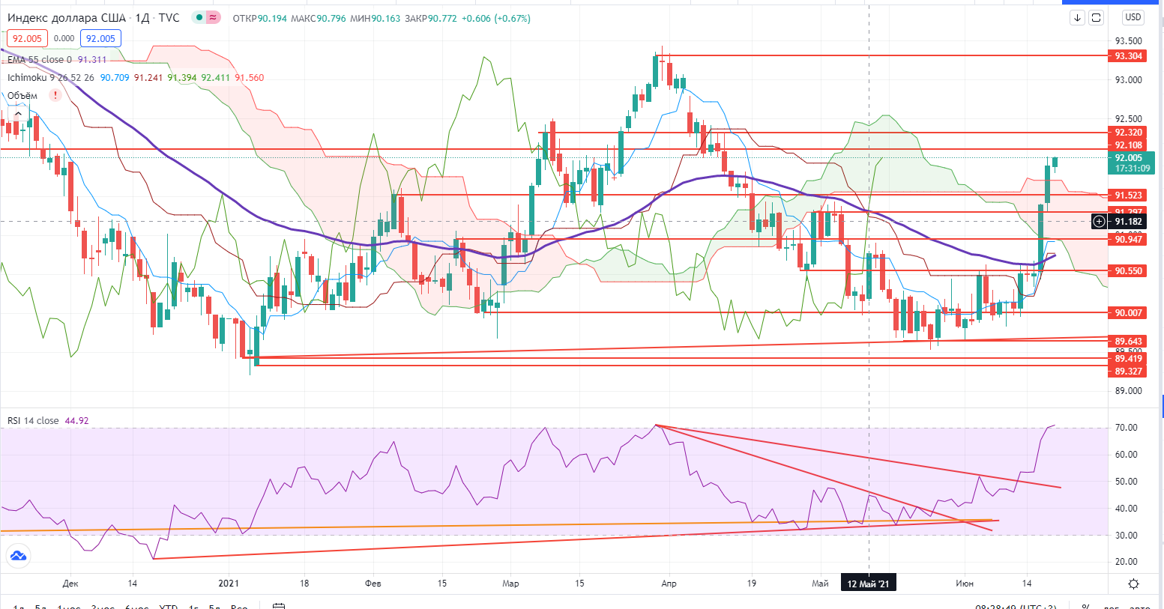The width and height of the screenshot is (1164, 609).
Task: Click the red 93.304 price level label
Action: coord(1128,56)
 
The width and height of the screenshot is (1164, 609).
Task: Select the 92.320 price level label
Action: coord(1128,133)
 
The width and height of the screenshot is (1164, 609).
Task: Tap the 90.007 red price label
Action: coord(1128,313)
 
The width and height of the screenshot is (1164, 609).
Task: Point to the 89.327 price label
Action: coord(1128,372)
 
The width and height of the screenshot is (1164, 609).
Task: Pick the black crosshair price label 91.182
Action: coord(1128,222)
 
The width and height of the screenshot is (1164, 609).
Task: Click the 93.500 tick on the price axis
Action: coord(1128,41)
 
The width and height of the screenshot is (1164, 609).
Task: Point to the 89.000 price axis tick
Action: coord(1128,391)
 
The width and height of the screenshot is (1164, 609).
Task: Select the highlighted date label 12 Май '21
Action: coord(868,584)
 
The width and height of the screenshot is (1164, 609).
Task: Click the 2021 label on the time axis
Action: coord(229,584)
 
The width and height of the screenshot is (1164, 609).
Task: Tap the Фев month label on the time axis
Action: coord(373,584)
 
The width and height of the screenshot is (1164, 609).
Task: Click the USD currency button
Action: coord(1133,17)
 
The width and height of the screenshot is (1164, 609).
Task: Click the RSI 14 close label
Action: coord(33,421)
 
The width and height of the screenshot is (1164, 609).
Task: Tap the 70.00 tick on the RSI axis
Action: coord(1127,428)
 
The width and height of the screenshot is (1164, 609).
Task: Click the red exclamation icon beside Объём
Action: coord(55,96)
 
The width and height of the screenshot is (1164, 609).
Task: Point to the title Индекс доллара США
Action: coord(67,18)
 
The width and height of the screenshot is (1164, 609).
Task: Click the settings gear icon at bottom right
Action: coord(1133,584)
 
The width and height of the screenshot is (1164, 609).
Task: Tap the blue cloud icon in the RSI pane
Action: coord(17,556)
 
